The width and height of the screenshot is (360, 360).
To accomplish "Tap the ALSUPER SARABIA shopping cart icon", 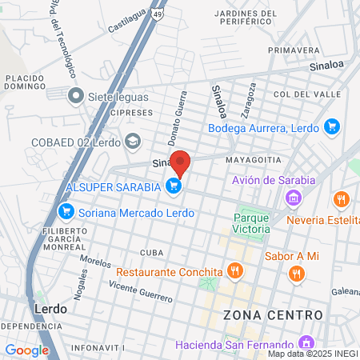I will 174,186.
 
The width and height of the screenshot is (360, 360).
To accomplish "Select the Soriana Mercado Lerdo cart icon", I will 66,212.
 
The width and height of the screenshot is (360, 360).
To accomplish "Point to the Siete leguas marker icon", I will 76,97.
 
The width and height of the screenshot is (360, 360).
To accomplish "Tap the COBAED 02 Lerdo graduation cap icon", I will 133,142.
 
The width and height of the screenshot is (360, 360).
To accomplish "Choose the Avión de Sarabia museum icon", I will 294,197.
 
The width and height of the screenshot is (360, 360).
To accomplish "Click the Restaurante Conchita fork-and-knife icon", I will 234,270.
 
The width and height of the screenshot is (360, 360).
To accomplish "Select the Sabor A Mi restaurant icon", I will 297,274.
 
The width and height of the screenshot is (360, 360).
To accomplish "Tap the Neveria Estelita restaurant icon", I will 342,198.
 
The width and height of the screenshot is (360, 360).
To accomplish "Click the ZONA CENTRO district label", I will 274,314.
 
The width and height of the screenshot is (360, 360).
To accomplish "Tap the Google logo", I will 26,350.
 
